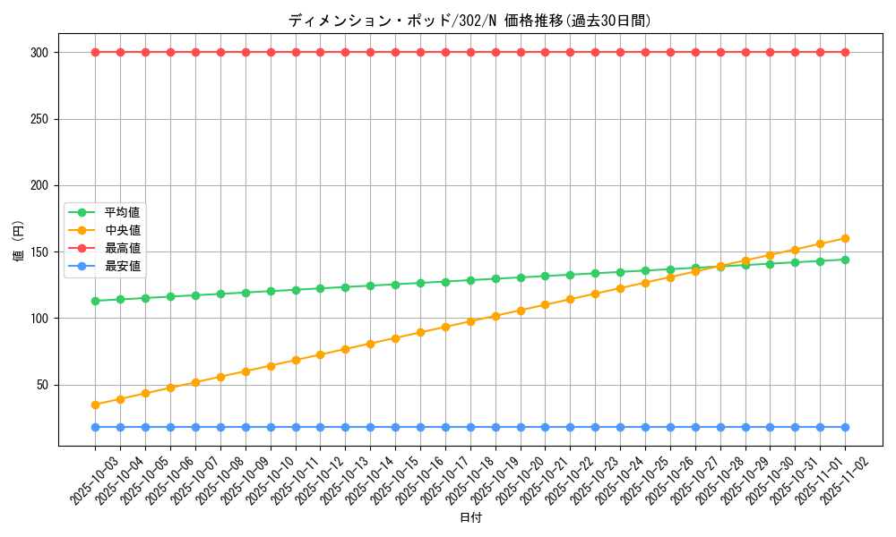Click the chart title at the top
click(x=470, y=21)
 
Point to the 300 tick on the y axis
click(x=39, y=53)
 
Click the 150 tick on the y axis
click(x=39, y=251)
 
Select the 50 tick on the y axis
click(x=43, y=385)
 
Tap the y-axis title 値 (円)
click(x=19, y=242)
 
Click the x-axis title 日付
click(x=470, y=518)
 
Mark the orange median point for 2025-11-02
click(x=845, y=238)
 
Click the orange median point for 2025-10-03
click(x=95, y=405)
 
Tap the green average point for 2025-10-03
click(x=95, y=301)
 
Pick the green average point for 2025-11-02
click(x=845, y=260)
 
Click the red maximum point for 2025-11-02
click(x=845, y=52)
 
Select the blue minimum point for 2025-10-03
click(x=95, y=427)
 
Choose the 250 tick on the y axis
click(x=39, y=119)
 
